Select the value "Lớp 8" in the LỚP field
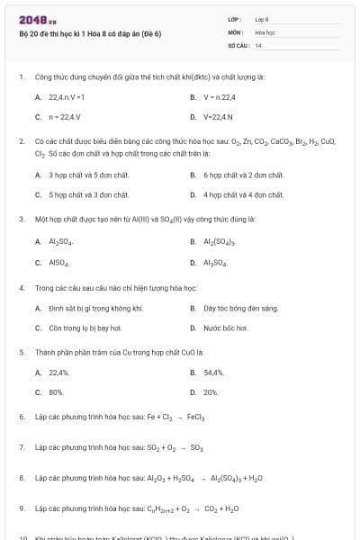[x=262, y=18]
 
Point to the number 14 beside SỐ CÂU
[x=258, y=44]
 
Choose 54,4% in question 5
[x=213, y=372]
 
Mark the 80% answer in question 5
[x=56, y=392]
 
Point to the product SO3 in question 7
[x=197, y=447]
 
